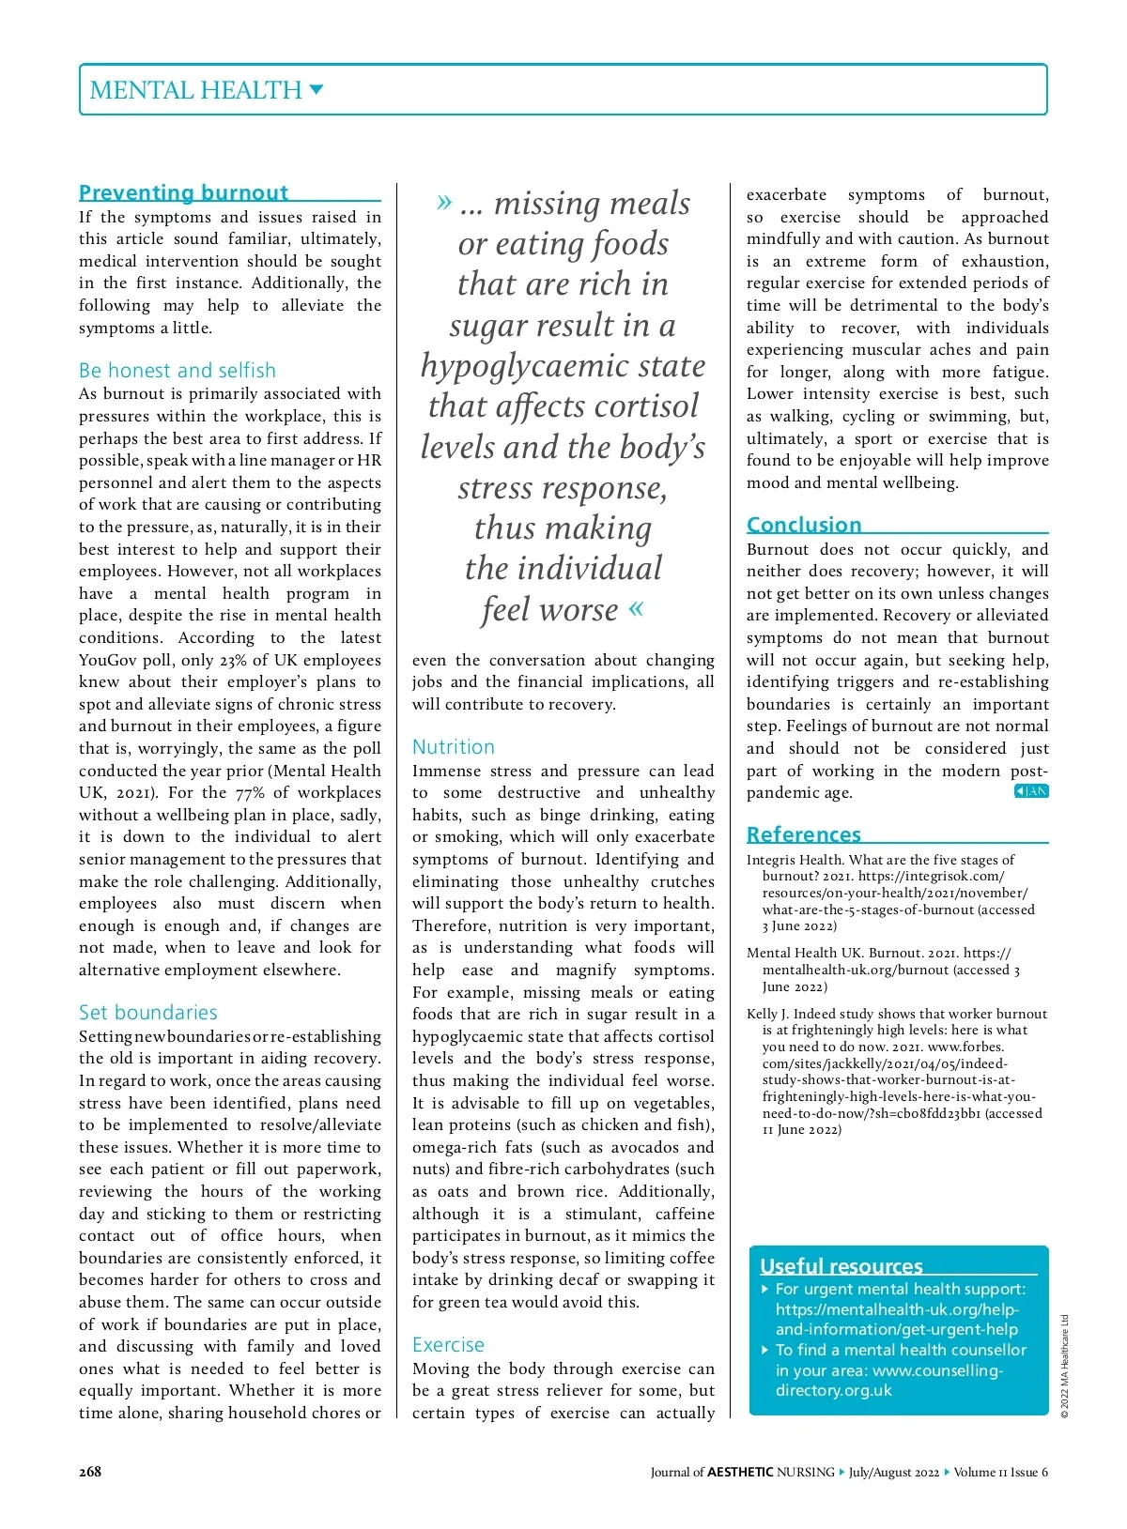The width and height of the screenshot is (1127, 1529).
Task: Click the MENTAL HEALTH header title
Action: point(195,90)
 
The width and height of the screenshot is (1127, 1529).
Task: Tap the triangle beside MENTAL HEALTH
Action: point(316,90)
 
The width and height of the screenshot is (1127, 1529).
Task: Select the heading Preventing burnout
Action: point(183,192)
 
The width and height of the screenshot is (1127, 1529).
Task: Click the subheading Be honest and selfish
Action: point(178,370)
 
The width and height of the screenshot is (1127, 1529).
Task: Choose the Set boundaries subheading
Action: point(148,1012)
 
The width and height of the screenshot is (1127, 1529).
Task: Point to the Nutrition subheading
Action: point(454,746)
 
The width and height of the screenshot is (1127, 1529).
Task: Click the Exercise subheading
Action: point(448,1344)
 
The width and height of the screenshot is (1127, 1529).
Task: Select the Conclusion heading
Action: point(804,524)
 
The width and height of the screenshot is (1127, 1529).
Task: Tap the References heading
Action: point(804,833)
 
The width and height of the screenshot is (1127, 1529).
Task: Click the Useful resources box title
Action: point(841,1265)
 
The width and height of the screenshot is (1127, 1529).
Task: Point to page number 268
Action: point(90,1472)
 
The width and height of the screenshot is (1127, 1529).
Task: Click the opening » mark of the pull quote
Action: point(444,202)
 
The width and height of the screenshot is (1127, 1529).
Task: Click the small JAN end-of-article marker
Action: point(1031,791)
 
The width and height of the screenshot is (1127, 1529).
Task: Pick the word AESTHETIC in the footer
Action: point(740,1472)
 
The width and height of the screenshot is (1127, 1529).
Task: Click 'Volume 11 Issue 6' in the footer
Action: point(1000,1472)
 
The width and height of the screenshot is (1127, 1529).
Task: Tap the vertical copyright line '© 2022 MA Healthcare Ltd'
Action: point(1065,1366)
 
